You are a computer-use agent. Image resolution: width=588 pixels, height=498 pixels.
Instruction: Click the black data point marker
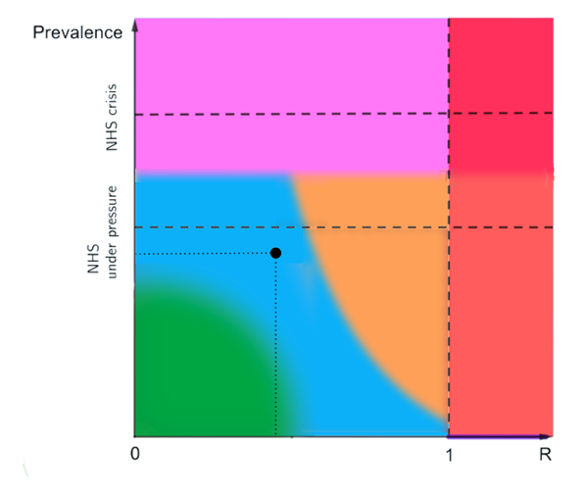point(275,253)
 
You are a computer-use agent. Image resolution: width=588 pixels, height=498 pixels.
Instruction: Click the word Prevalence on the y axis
point(77,32)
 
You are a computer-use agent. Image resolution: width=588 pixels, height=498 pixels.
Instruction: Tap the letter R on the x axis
point(546,455)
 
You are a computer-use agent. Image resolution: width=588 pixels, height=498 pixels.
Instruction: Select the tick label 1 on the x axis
point(449,455)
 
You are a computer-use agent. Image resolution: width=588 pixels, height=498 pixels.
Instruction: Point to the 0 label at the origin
point(136,455)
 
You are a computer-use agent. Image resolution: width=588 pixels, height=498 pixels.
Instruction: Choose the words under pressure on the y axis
point(114,231)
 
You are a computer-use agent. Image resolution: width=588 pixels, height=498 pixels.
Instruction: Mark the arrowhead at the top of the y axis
point(135,25)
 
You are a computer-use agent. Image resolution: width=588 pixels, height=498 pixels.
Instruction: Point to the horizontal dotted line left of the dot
point(206,254)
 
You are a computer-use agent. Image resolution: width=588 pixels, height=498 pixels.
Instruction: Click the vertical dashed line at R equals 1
point(449,294)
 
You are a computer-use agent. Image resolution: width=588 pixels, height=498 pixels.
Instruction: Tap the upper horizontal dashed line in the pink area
point(294,115)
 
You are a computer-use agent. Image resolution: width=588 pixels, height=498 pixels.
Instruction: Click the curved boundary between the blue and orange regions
point(333,294)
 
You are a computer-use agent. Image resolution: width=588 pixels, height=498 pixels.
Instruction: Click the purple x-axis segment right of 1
point(495,436)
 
